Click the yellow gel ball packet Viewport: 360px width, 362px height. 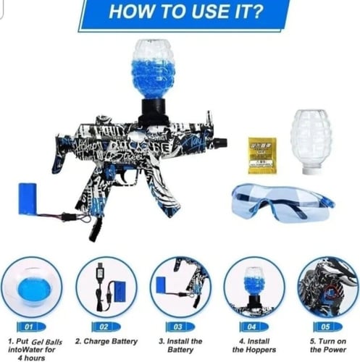point(261,155)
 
